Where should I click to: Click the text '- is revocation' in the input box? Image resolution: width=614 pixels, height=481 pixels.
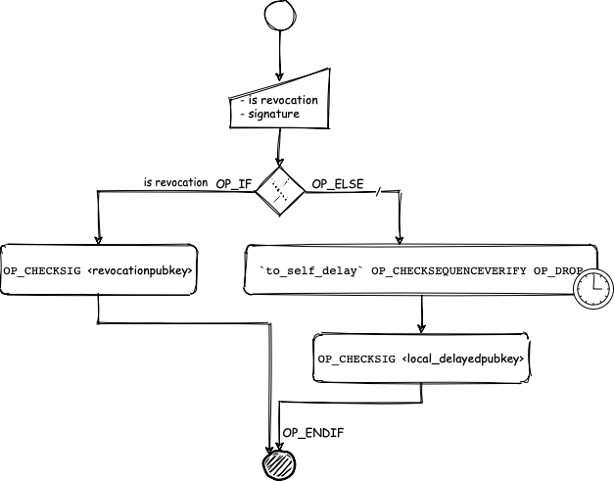pyautogui.click(x=278, y=100)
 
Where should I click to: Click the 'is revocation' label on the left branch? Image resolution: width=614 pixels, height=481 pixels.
pyautogui.click(x=175, y=181)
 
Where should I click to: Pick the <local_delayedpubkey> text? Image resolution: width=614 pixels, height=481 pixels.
pyautogui.click(x=465, y=360)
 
